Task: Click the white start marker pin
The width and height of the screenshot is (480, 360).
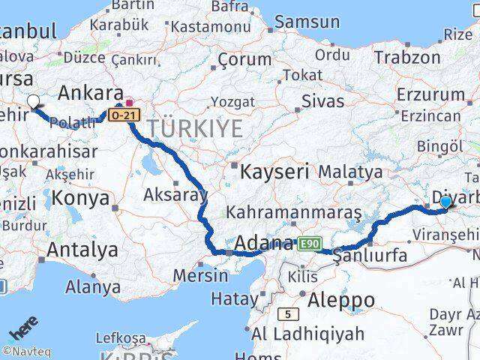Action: click(33, 102)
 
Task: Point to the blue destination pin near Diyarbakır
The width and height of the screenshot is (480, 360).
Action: click(446, 201)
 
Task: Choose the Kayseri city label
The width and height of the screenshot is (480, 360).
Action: click(274, 171)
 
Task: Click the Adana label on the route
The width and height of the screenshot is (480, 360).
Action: click(263, 244)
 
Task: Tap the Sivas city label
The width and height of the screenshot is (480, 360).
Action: click(316, 100)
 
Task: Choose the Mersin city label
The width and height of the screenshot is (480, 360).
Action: click(200, 275)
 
